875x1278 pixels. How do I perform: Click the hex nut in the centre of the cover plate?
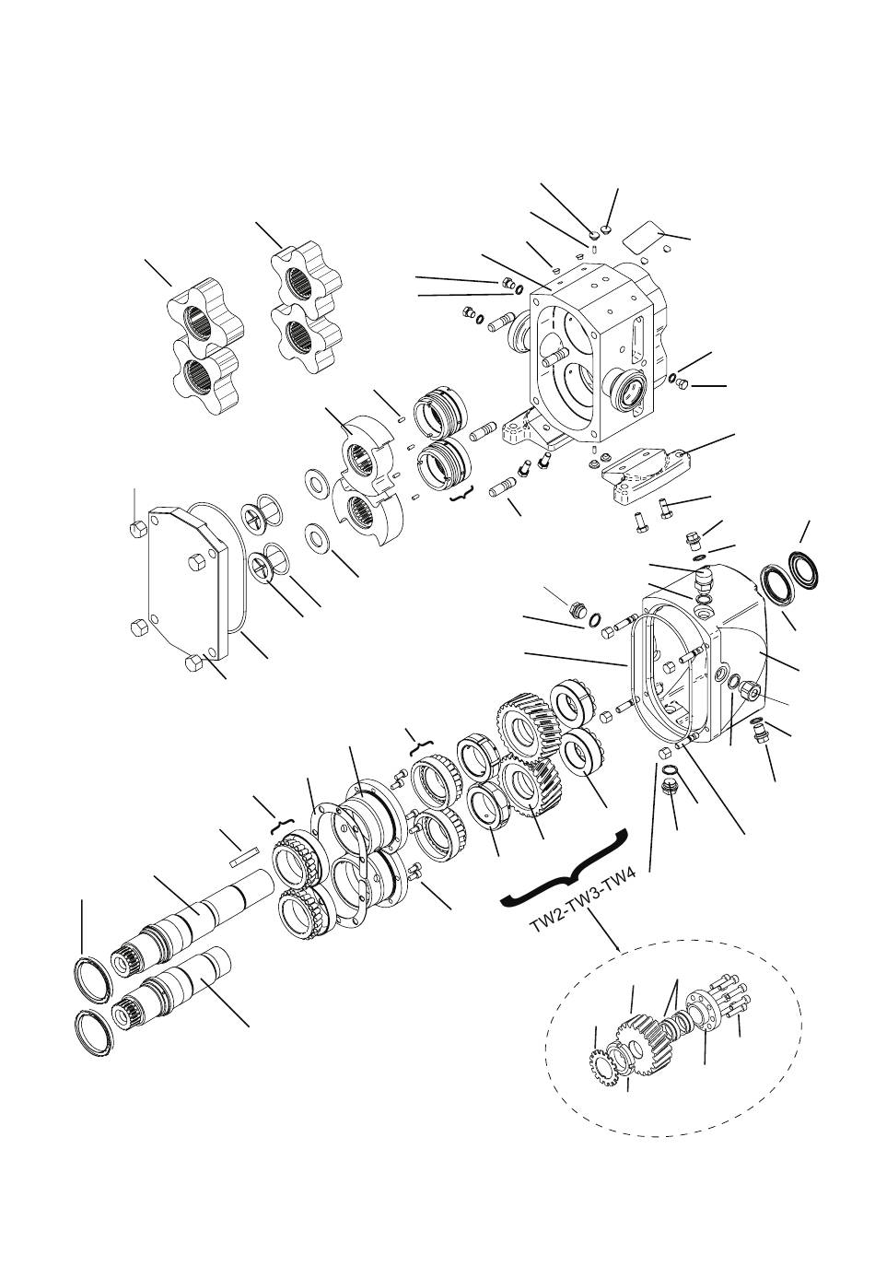[195, 563]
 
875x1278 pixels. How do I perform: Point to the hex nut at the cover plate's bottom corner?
[194, 663]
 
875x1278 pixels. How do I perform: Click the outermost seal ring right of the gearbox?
[805, 569]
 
